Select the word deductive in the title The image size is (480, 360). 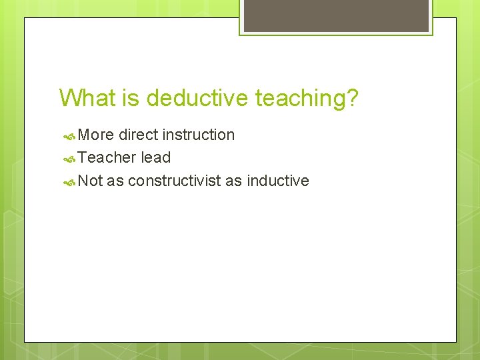197,99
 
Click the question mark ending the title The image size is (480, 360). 352,99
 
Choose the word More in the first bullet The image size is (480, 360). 96,135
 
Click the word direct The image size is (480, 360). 138,135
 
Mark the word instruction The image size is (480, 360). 199,135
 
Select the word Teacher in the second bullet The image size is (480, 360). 107,158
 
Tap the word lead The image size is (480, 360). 155,158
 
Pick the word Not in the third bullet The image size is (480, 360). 90,181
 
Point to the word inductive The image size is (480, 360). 277,181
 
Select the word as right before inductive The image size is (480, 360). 233,181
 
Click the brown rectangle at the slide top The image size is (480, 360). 335,15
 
